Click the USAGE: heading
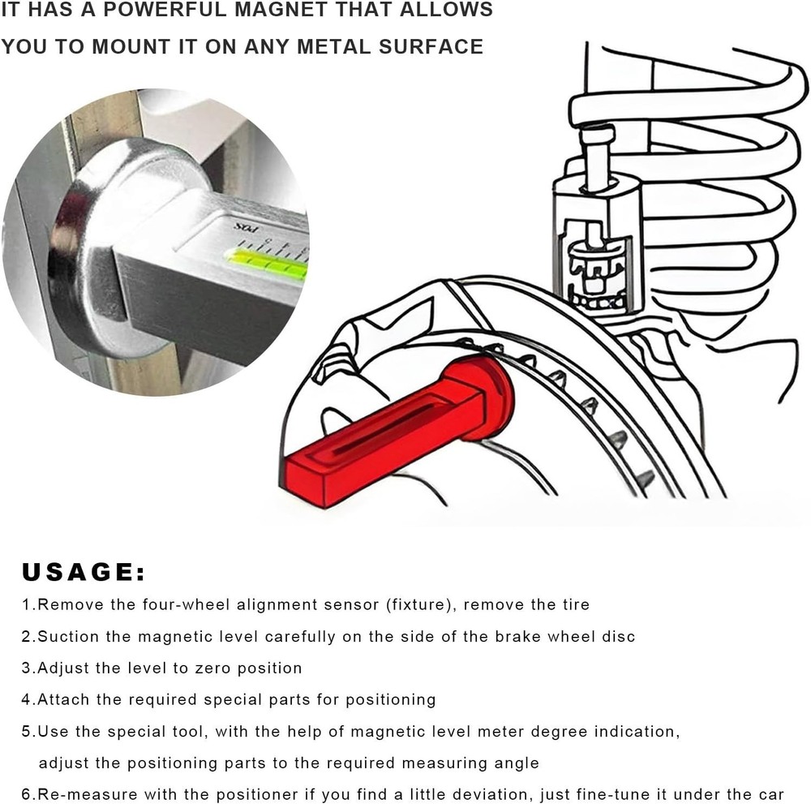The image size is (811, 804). click(84, 572)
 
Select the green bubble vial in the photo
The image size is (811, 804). click(267, 260)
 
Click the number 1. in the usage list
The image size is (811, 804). click(29, 604)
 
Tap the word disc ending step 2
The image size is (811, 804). click(619, 637)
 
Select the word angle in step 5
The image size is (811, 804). click(516, 763)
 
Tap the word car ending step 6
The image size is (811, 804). click(771, 794)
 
